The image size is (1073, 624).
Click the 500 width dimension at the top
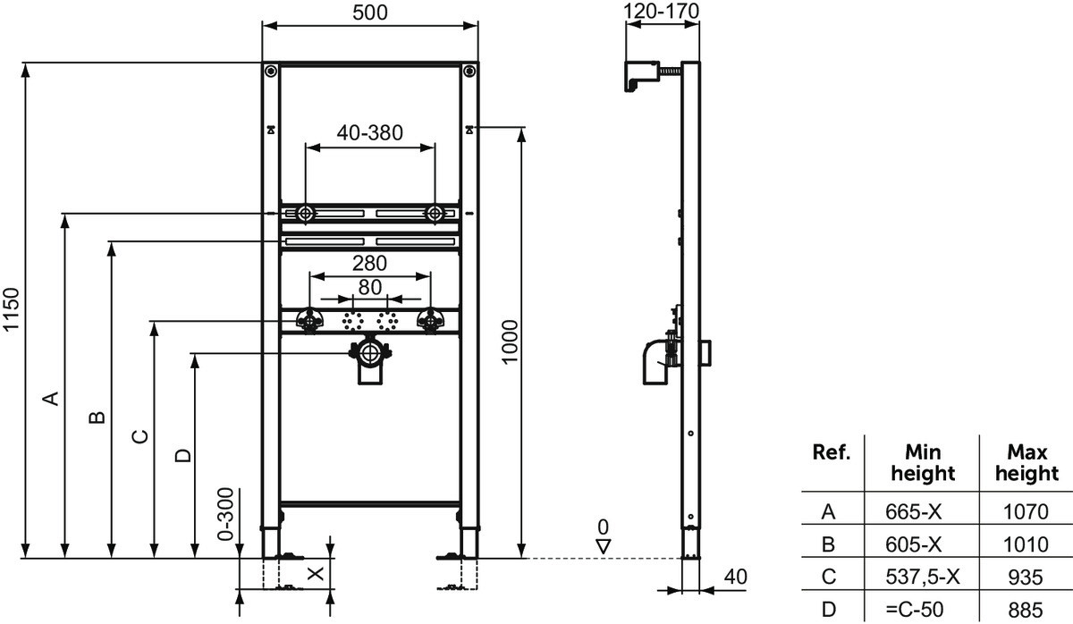click(x=370, y=13)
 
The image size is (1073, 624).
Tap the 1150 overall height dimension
click(x=11, y=309)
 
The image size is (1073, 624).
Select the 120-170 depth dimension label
click(x=661, y=11)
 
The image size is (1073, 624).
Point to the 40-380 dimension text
click(x=370, y=132)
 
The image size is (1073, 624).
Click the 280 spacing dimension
click(x=370, y=264)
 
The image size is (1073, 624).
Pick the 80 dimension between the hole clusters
click(x=370, y=287)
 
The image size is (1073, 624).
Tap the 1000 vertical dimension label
click(x=511, y=342)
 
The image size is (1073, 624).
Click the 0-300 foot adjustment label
click(x=225, y=514)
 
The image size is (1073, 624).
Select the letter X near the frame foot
click(x=315, y=573)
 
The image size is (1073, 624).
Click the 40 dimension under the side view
click(x=735, y=577)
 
